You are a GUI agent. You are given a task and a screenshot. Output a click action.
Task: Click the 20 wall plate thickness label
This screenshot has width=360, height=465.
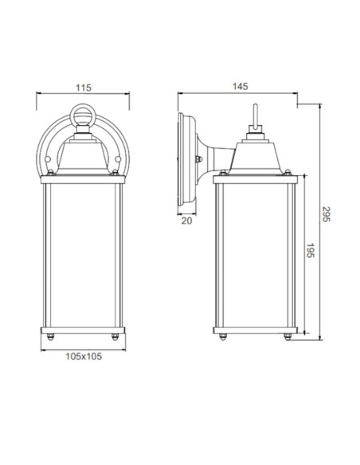[x=186, y=222]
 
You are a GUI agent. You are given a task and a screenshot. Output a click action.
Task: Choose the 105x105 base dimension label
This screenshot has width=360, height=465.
[x=84, y=356]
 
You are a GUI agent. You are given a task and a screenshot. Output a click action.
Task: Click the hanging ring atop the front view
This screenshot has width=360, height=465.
[x=84, y=116]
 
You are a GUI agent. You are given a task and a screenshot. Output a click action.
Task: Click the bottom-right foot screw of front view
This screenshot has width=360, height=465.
[x=117, y=338]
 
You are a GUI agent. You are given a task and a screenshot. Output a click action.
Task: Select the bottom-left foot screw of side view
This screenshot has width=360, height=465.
[x=221, y=338]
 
